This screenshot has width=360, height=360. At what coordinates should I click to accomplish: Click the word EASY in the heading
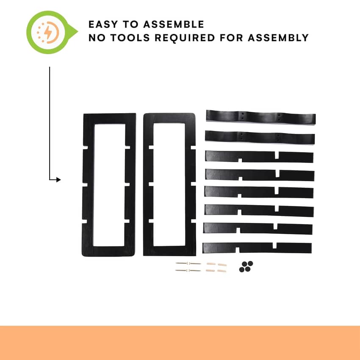click(x=103, y=24)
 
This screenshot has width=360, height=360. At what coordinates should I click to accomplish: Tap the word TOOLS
click(x=130, y=38)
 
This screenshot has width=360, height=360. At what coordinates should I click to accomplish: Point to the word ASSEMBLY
click(x=278, y=38)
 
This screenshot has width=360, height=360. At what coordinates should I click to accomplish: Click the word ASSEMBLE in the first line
click(x=174, y=24)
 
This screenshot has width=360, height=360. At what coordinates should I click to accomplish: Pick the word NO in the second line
click(x=97, y=38)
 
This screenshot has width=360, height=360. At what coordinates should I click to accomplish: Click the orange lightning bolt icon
click(x=48, y=32)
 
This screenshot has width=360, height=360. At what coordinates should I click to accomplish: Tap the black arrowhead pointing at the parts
click(x=58, y=180)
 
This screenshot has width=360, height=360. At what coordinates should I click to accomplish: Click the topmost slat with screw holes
click(x=261, y=117)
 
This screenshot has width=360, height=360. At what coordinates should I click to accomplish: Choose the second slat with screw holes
click(x=260, y=137)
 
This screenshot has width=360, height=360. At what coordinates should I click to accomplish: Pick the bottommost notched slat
click(x=257, y=248)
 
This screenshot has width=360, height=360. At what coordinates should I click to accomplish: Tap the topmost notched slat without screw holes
click(x=259, y=157)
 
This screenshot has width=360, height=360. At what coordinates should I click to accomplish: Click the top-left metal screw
click(x=182, y=263)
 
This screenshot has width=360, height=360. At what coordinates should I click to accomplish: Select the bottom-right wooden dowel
click(x=222, y=271)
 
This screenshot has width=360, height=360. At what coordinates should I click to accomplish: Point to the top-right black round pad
click(x=250, y=263)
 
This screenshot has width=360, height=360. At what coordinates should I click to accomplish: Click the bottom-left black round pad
click(x=242, y=269)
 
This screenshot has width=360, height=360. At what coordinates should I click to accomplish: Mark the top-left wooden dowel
click(x=211, y=264)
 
